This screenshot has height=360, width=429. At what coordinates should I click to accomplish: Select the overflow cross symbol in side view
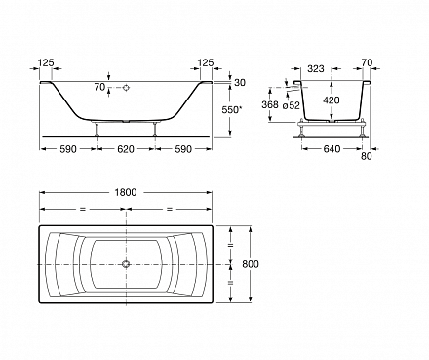coord(126,88)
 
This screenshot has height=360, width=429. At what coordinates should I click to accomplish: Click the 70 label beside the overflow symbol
coord(97,88)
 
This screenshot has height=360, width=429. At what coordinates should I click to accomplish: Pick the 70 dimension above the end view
coord(367,71)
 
